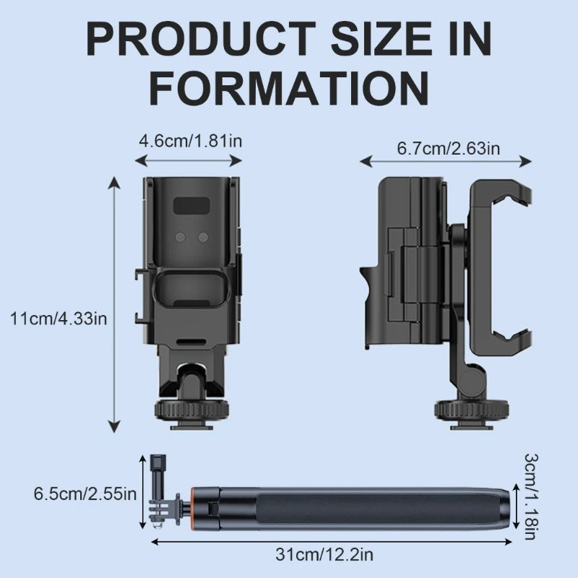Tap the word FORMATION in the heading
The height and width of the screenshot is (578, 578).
click(x=290, y=88)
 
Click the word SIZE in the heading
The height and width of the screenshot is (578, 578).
click(x=381, y=38)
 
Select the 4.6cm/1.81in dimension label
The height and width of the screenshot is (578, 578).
click(x=190, y=141)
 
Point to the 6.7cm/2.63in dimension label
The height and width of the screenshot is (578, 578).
click(x=448, y=148)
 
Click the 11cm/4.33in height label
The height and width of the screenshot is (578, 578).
click(x=59, y=319)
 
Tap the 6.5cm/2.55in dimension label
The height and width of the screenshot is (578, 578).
click(x=85, y=493)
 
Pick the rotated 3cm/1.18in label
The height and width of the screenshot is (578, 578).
click(x=531, y=496)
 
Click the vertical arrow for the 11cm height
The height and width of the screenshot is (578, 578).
click(x=115, y=304)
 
